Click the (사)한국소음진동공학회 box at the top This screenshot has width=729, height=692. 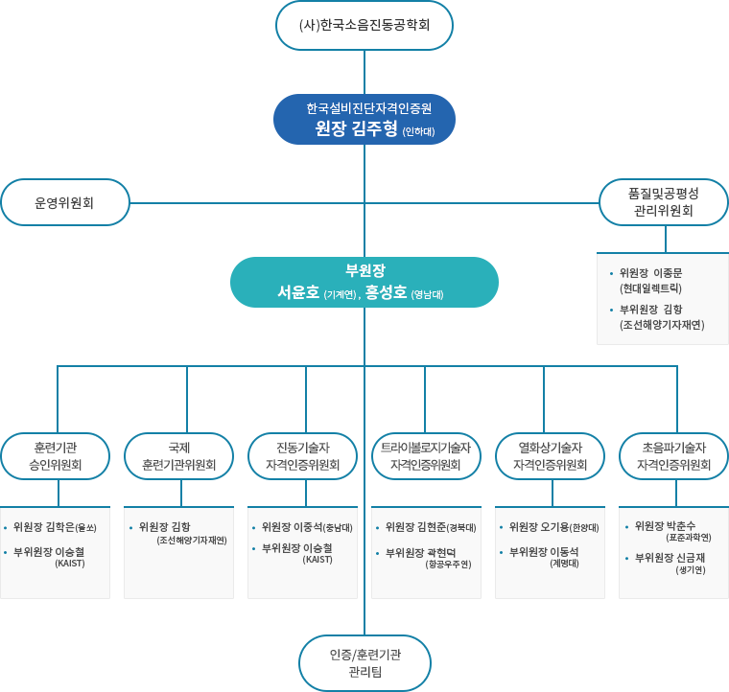pos(364,26)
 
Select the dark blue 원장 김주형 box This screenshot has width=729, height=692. pos(364,119)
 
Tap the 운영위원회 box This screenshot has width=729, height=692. pos(65,202)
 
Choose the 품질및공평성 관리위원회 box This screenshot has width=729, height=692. pos(664,201)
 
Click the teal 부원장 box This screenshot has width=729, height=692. pos(364,282)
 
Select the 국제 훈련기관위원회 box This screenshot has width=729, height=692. pos(179,456)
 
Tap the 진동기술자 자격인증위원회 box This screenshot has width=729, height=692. pos(302,456)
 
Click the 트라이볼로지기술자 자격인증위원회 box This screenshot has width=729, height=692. pos(426,456)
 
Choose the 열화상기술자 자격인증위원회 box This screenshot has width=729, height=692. pos(550,456)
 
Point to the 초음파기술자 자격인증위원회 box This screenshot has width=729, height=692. pos(673,456)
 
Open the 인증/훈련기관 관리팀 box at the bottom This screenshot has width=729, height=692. pos(364,663)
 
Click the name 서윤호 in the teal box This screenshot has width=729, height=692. pos(298,292)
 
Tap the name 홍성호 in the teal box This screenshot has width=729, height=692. pos(387,292)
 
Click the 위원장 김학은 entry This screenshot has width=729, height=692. pos(56,526)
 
